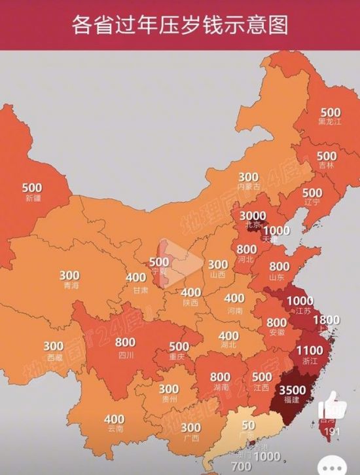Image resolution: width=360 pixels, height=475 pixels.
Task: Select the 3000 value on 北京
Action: [253, 216]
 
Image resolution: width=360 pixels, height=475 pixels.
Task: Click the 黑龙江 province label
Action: [329, 123]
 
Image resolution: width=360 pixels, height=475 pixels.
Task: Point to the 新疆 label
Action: [32, 198]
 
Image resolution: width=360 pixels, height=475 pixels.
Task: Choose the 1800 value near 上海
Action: [327, 320]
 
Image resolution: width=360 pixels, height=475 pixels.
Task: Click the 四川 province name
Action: [126, 355]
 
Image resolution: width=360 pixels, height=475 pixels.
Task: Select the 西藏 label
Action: [54, 358]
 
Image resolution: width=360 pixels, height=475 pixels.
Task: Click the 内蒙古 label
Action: [249, 187]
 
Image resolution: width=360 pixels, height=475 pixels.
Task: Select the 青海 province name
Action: [70, 286]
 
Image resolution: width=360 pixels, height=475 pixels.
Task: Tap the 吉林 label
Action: [327, 166]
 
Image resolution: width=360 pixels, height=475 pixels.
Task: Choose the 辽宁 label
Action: [312, 202]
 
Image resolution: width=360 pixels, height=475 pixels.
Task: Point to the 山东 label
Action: [278, 276]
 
